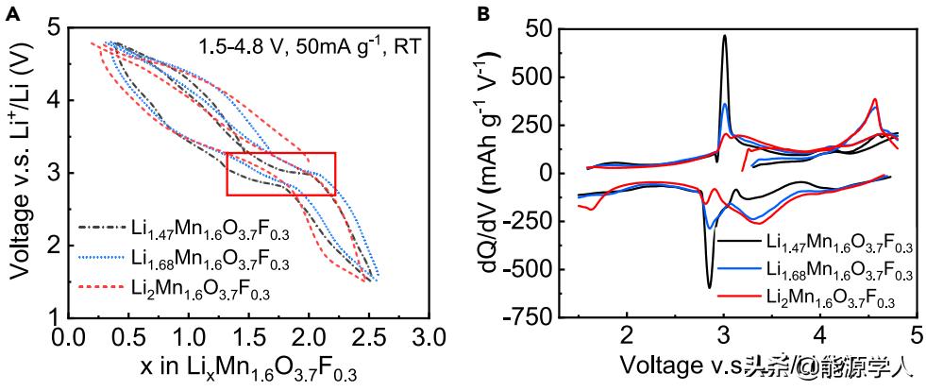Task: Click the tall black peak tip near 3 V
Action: (725, 36)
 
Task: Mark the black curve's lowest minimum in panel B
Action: (709, 286)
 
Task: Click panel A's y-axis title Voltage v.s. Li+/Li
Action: (21, 172)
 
